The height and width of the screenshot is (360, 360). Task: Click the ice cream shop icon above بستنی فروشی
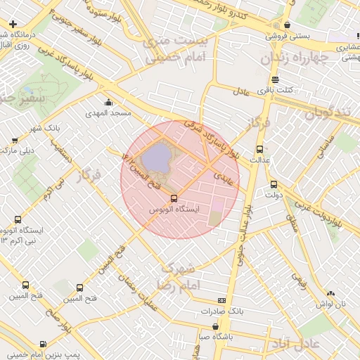[x=288, y=25]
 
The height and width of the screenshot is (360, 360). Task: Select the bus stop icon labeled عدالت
[x=260, y=149]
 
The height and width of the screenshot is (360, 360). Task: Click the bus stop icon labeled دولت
[x=274, y=184]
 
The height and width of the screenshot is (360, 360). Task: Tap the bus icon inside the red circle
[x=174, y=198]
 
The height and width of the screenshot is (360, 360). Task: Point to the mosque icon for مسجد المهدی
[x=108, y=103]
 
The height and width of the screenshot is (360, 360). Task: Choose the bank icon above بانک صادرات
[x=221, y=300]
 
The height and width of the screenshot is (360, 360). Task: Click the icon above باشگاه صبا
[x=214, y=326]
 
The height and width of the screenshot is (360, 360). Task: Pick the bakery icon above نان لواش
[x=331, y=293]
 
